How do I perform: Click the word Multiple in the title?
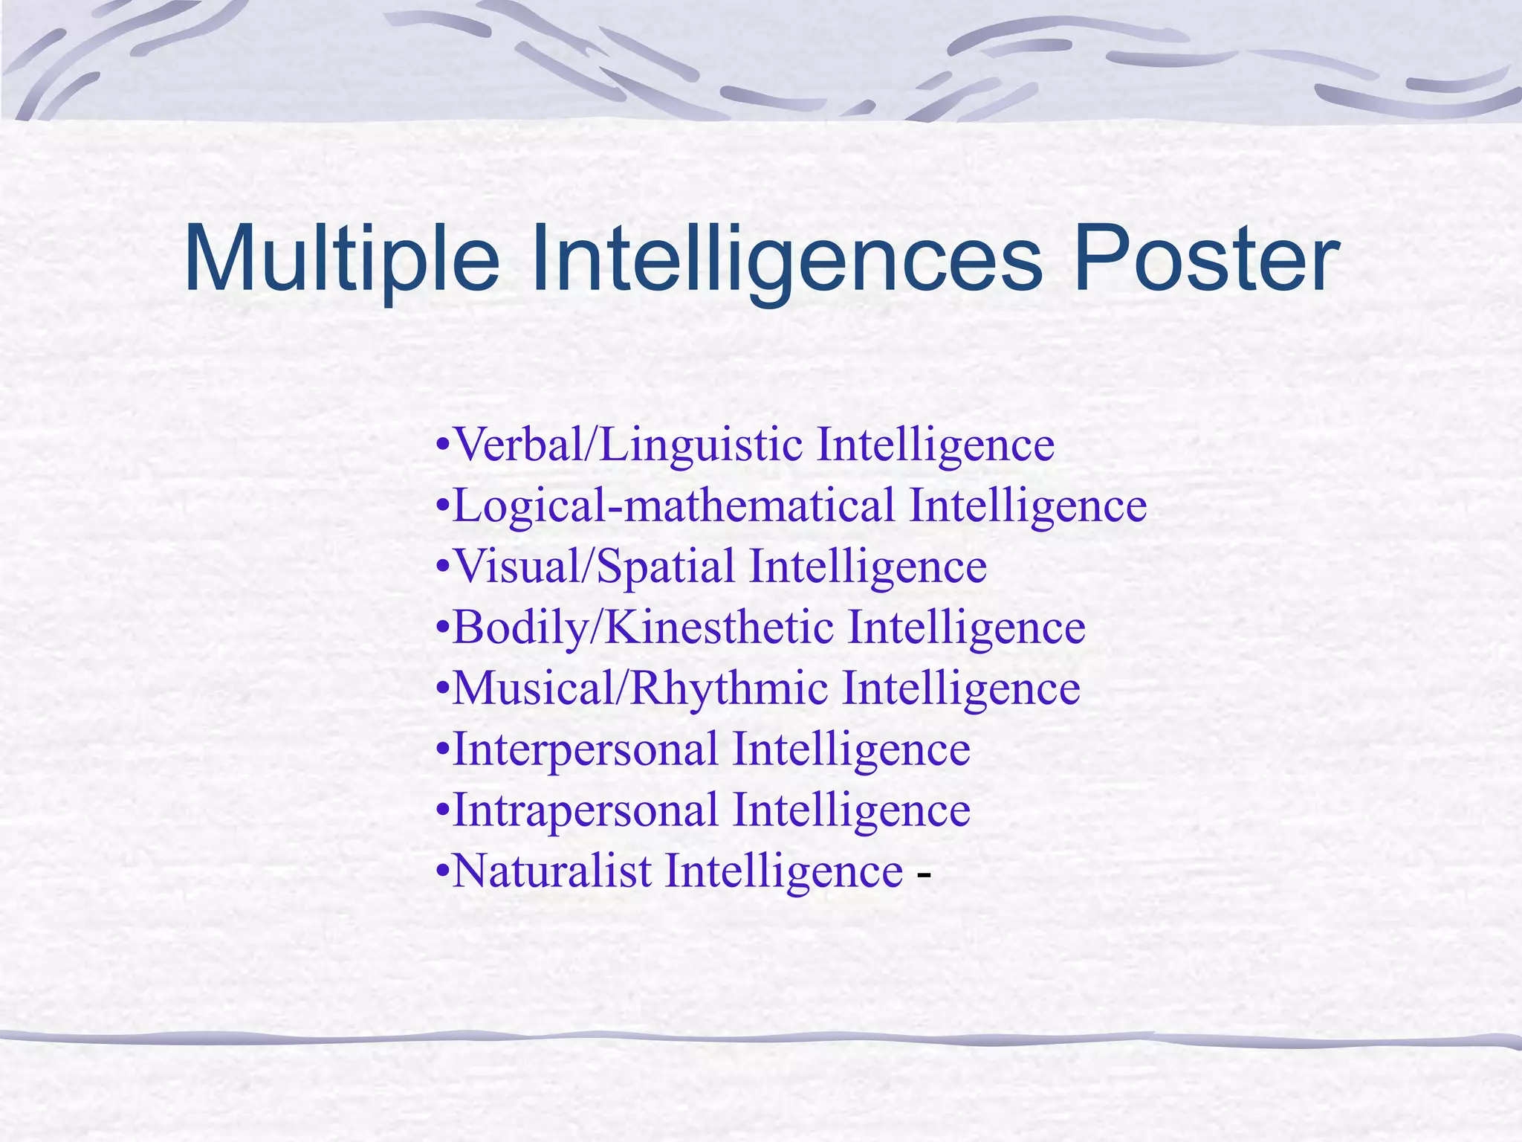(341, 260)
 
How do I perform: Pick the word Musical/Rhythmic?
(640, 688)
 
